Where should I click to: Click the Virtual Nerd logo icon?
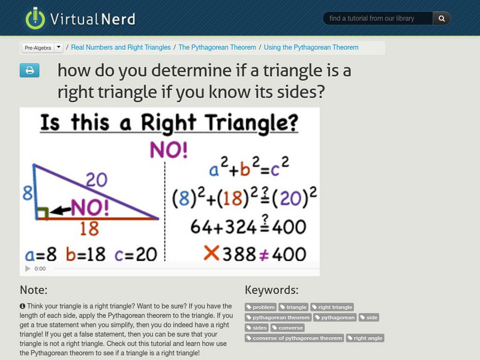[x=35, y=18]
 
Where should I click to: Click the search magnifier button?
[x=441, y=19]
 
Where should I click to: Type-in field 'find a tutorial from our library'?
[x=377, y=19]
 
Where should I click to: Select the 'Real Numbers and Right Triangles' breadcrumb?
[x=121, y=47]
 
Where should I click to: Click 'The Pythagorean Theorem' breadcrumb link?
[x=217, y=47]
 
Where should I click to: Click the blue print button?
[x=29, y=71]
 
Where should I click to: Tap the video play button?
[x=27, y=269]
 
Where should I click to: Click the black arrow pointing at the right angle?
[x=59, y=211]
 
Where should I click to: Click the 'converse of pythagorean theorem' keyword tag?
[x=295, y=338]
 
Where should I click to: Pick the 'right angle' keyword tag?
[x=365, y=338]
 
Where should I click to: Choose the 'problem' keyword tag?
[x=261, y=307]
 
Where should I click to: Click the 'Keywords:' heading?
[x=271, y=290]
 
